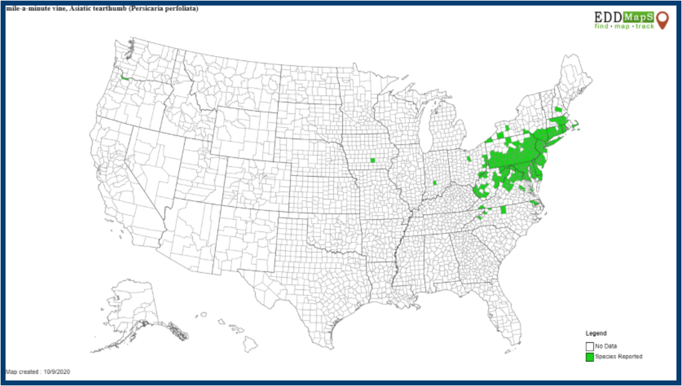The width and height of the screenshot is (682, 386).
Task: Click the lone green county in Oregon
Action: (124, 78)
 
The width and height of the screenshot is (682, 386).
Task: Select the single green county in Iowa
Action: (373, 160)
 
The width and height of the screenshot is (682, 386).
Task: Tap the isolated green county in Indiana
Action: (434, 183)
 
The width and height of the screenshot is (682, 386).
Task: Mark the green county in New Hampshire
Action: (558, 110)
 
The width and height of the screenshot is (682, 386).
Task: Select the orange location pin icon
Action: (662, 20)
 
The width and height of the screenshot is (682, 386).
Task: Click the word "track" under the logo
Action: (644, 27)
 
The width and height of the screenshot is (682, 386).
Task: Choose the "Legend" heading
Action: (595, 333)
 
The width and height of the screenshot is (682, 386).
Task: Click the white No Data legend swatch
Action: (589, 346)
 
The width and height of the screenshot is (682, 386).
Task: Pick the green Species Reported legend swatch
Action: (589, 356)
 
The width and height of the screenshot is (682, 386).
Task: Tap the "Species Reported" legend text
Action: (619, 356)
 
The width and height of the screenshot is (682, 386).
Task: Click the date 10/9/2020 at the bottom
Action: (58, 372)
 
